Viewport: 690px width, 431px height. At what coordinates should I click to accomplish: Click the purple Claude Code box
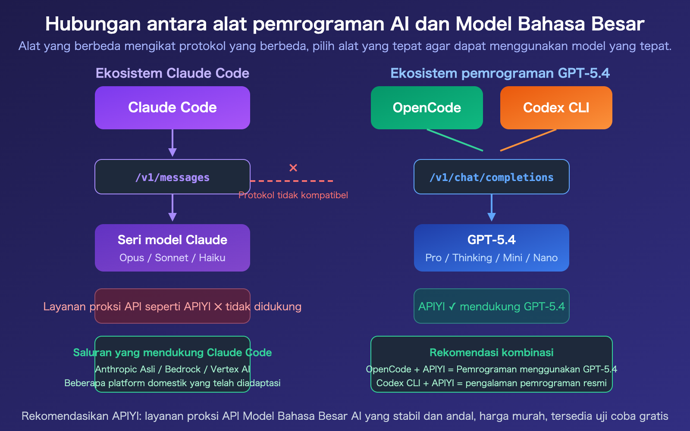[172, 108]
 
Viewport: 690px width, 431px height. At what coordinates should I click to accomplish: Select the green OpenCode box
[427, 108]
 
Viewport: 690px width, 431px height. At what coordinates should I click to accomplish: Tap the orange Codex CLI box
[556, 108]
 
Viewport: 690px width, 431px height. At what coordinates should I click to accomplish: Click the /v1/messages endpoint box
[172, 177]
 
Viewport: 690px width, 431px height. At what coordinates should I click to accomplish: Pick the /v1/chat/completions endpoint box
[492, 177]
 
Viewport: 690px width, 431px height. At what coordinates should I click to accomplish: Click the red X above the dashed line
[293, 168]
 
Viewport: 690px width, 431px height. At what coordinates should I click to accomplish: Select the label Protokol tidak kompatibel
[293, 195]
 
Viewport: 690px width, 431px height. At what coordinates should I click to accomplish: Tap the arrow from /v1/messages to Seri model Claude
[172, 208]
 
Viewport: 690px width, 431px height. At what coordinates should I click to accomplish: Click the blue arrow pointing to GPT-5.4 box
[492, 208]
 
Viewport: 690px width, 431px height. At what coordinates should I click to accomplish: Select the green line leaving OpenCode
[455, 140]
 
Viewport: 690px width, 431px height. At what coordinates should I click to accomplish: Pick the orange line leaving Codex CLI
[528, 140]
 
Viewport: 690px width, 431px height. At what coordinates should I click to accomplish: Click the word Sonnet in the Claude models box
[172, 258]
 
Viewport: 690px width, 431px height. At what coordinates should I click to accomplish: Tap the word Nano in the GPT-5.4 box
[546, 258]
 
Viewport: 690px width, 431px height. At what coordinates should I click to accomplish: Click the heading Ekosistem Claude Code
[172, 73]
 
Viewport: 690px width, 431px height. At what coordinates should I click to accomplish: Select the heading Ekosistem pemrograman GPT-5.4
[500, 73]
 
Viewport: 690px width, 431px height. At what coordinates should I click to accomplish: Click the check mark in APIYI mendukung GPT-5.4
[452, 306]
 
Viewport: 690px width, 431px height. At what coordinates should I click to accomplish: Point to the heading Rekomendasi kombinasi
[492, 353]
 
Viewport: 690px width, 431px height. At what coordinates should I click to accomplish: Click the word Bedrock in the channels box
[183, 369]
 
